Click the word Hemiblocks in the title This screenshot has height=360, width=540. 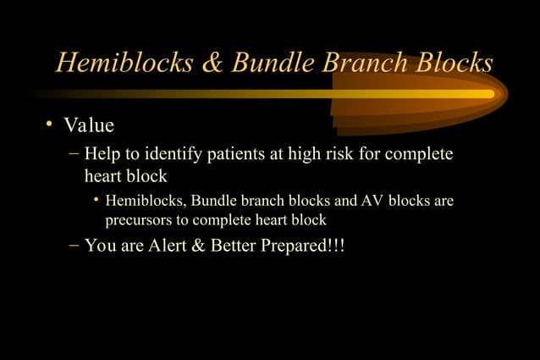click(x=118, y=63)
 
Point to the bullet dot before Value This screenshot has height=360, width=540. click(x=50, y=125)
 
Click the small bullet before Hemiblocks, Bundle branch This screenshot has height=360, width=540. click(x=96, y=202)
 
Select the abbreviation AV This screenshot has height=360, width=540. click(x=372, y=202)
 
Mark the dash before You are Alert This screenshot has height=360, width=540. click(x=73, y=246)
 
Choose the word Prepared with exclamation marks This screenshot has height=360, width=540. click(x=312, y=246)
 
